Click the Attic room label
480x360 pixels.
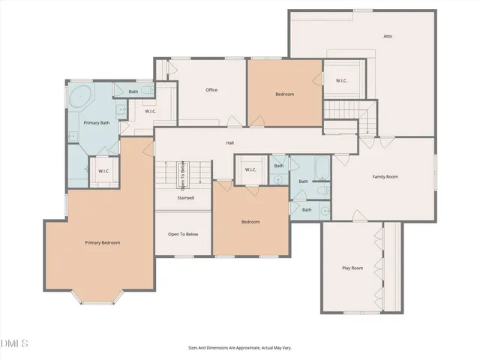[x=388, y=36]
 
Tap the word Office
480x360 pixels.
[x=211, y=90]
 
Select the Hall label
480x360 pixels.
[x=230, y=142]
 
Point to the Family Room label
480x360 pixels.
[x=385, y=176]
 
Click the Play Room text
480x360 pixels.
[x=352, y=268]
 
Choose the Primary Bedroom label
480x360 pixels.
[x=102, y=242]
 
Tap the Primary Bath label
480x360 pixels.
[x=96, y=122]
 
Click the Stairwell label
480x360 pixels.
[x=185, y=199]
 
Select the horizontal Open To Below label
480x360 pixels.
[x=183, y=234]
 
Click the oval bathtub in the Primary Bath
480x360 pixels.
[x=80, y=97]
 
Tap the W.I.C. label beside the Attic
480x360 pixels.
[x=341, y=81]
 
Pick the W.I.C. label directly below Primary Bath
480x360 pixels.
[x=104, y=170]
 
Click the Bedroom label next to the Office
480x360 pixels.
[x=284, y=94]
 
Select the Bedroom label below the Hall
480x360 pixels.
[x=250, y=222]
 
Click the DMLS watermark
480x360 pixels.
[x=14, y=343]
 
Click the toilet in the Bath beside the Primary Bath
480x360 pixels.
[x=148, y=91]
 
